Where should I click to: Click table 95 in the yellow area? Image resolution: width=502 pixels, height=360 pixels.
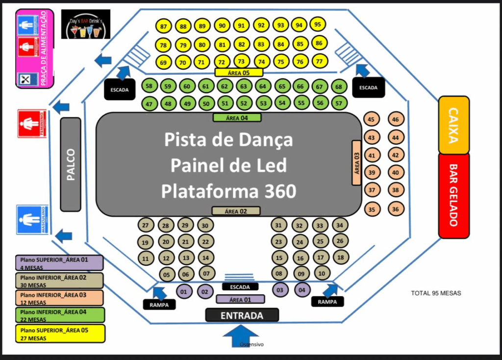318,25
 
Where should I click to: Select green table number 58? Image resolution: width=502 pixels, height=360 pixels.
149,86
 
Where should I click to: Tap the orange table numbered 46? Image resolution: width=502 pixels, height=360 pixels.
396,119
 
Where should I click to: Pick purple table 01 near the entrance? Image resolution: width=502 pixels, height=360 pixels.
184,292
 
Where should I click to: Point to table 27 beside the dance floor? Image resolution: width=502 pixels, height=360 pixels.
145,226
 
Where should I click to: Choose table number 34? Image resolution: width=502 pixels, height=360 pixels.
339,225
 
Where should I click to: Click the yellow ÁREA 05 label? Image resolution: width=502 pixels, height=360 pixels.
239,73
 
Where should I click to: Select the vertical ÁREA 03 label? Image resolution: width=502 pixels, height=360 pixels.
357,162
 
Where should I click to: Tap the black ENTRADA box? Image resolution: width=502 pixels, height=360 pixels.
242,315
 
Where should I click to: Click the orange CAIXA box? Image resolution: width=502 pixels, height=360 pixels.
453,125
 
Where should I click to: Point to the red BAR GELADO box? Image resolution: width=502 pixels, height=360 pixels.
453,195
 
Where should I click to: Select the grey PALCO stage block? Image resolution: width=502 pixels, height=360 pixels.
71,164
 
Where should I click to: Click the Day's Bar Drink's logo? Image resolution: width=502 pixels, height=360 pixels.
86,25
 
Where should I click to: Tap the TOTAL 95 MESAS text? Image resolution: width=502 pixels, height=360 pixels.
436,293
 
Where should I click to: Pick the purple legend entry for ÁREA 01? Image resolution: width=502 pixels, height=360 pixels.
59,263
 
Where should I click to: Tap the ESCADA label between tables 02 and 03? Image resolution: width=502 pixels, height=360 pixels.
240,287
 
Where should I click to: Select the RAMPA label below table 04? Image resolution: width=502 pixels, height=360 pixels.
327,302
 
